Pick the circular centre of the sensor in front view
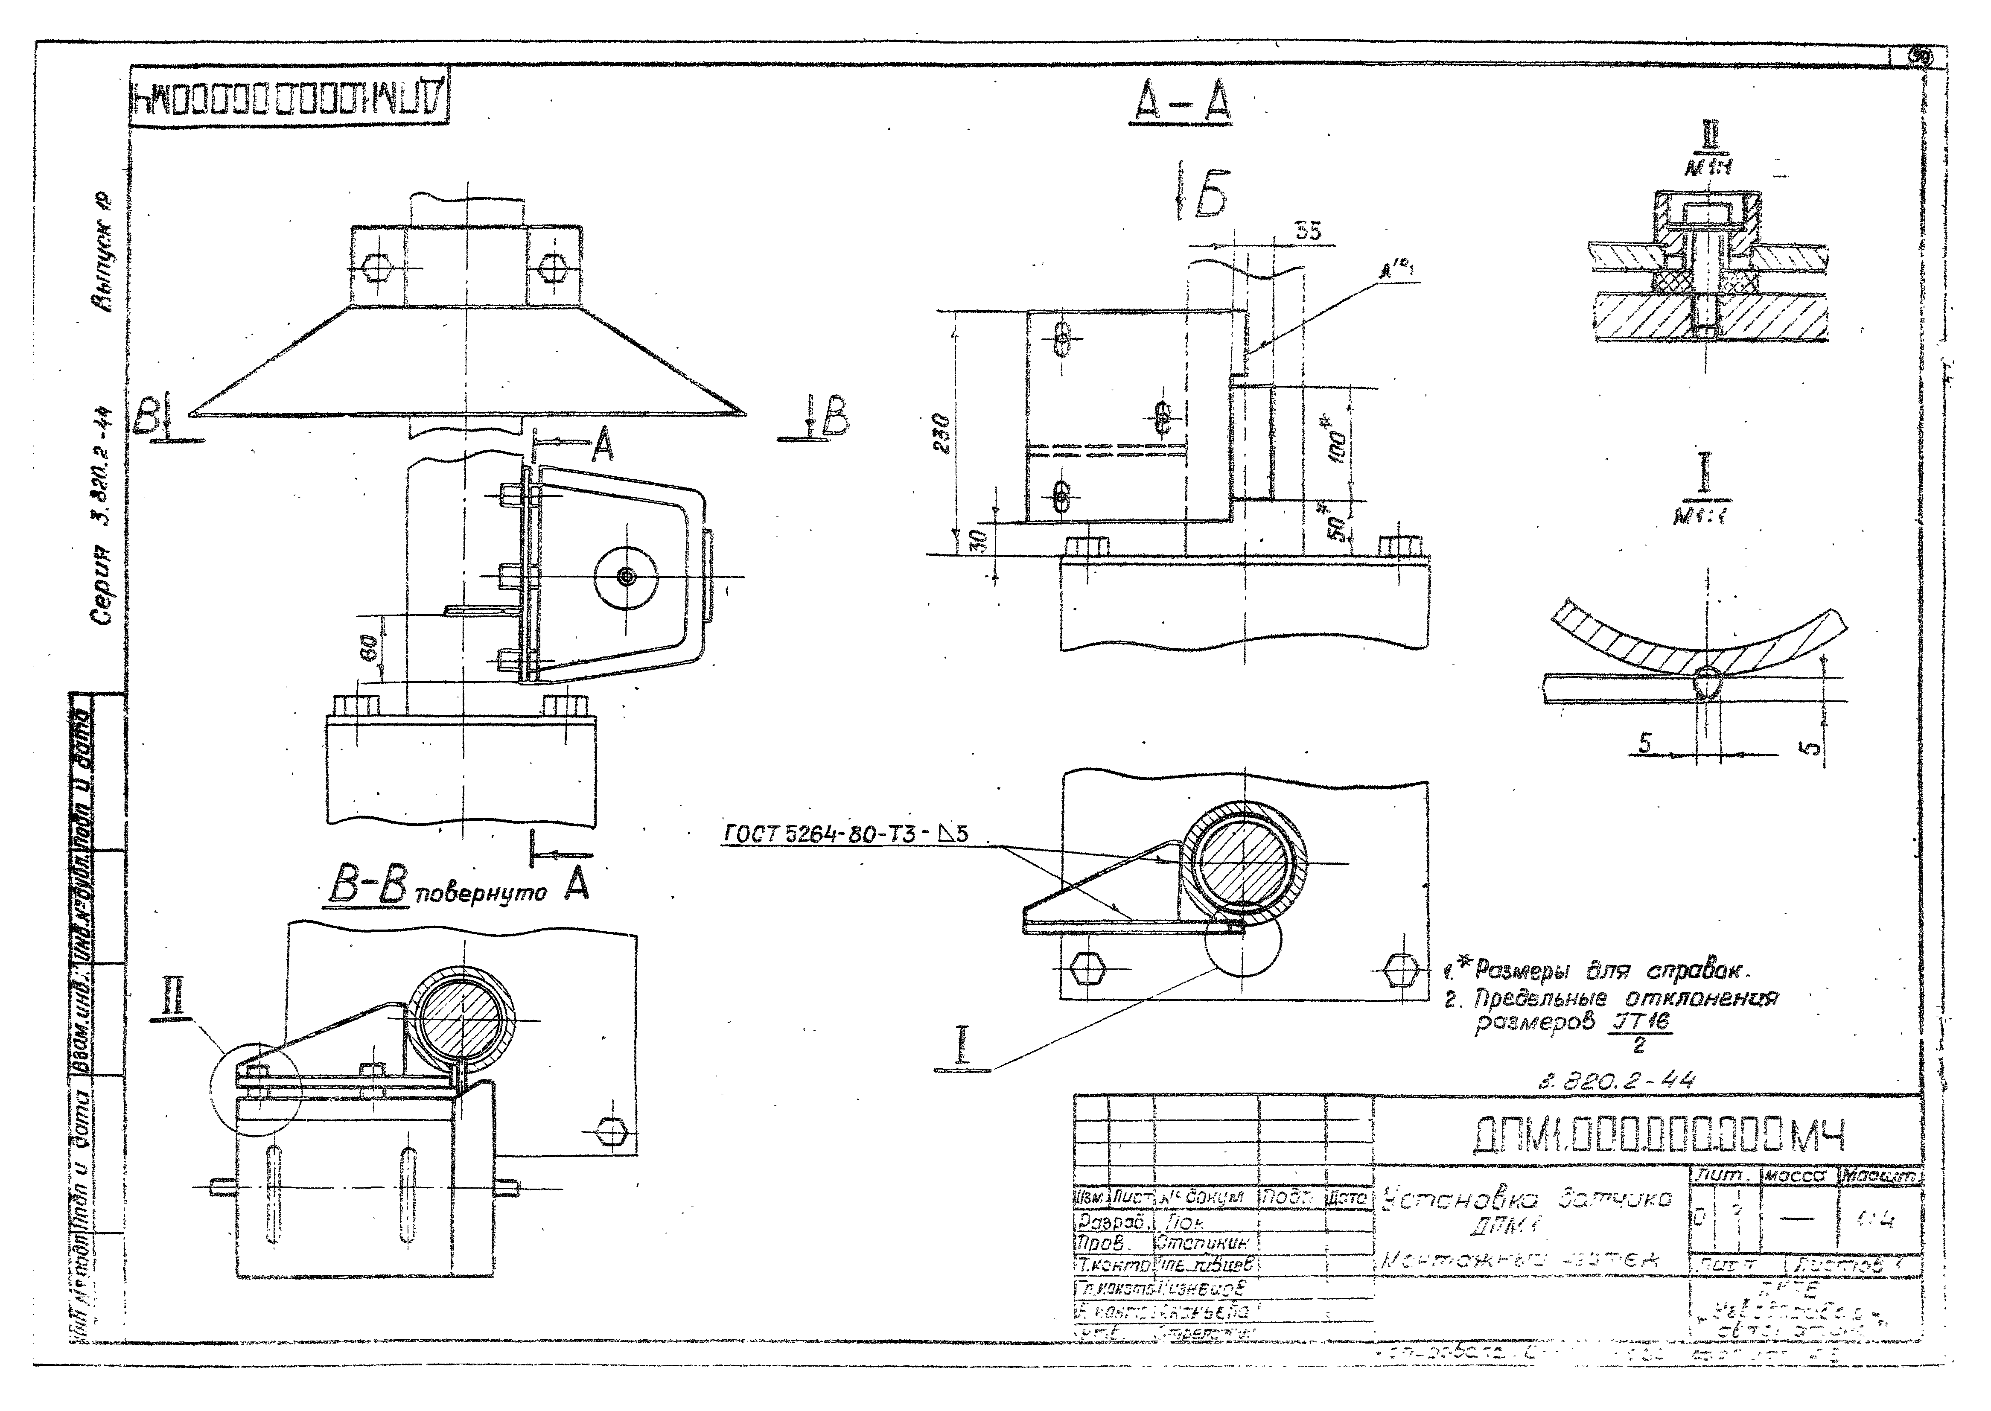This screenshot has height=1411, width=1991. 626,576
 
